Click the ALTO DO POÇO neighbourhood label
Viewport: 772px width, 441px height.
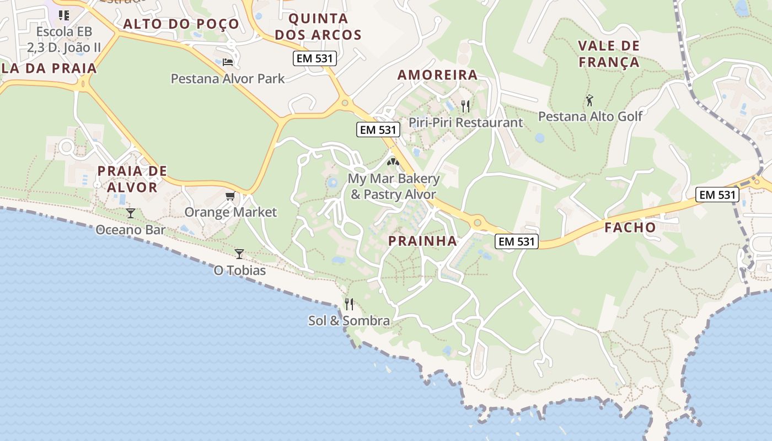pyautogui.click(x=181, y=24)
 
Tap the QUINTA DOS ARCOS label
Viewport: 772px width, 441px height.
pyautogui.click(x=318, y=27)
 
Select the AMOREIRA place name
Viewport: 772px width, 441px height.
pyautogui.click(x=438, y=75)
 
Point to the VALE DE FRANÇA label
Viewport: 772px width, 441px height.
pyautogui.click(x=609, y=54)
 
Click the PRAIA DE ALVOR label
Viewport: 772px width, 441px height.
pyautogui.click(x=132, y=179)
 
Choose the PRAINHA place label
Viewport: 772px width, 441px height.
pyautogui.click(x=422, y=241)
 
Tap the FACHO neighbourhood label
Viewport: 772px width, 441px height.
pyautogui.click(x=630, y=227)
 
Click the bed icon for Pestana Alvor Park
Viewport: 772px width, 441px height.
pyautogui.click(x=228, y=62)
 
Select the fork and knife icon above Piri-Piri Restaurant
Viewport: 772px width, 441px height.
pyautogui.click(x=465, y=106)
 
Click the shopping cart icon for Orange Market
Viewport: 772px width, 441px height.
pyautogui.click(x=230, y=196)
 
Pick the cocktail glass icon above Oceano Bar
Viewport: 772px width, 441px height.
pyautogui.click(x=131, y=213)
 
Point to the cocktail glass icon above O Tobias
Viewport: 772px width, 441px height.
pyautogui.click(x=239, y=254)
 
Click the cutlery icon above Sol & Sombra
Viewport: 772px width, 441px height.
pyautogui.click(x=349, y=304)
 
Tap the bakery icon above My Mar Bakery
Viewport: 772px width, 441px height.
pyautogui.click(x=393, y=162)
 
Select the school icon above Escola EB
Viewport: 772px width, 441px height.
pyautogui.click(x=64, y=15)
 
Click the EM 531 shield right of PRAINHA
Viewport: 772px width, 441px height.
pyautogui.click(x=516, y=241)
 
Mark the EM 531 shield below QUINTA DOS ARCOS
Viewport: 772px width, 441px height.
pyautogui.click(x=314, y=58)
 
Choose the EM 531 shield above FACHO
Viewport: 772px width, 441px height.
pyautogui.click(x=717, y=194)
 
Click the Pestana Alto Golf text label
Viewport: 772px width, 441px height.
pyautogui.click(x=590, y=116)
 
